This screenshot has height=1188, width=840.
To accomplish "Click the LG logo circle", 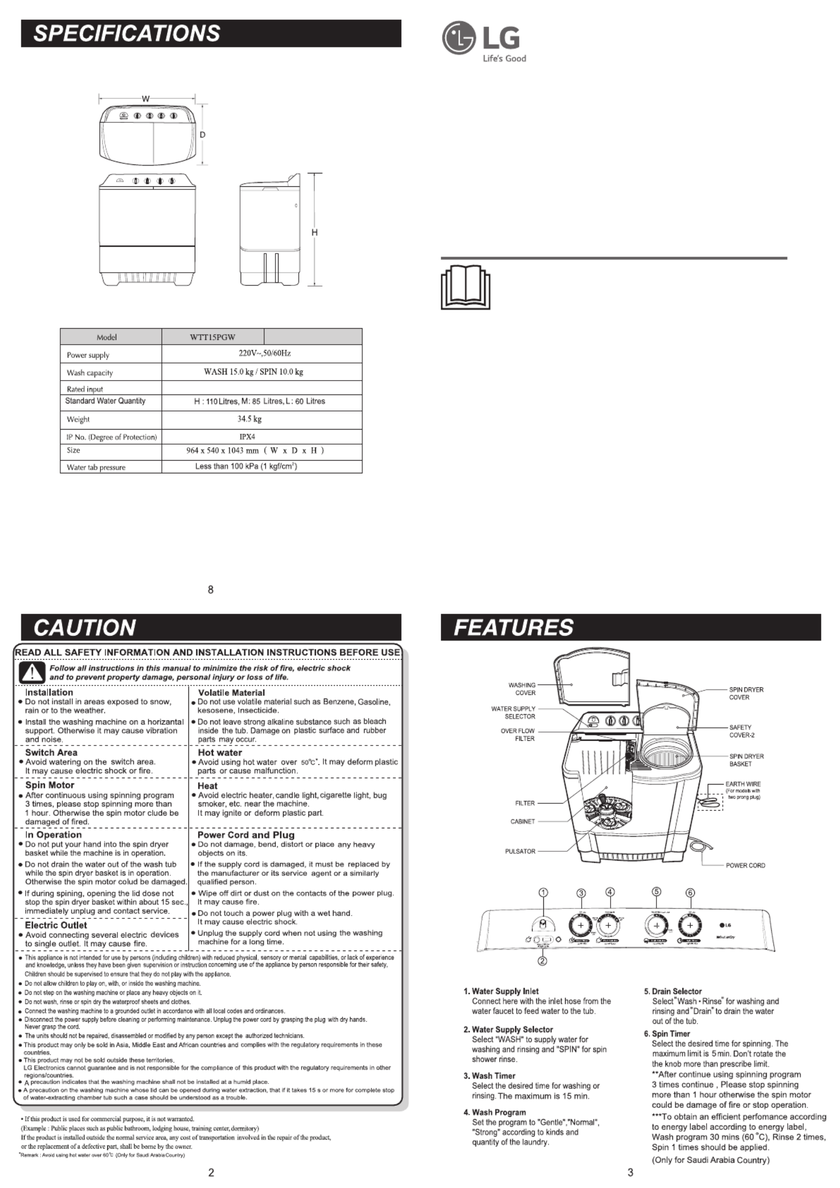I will (x=457, y=38).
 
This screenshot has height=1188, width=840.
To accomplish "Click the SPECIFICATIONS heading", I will (x=127, y=33).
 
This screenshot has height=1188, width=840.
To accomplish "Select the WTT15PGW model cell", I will (x=212, y=337).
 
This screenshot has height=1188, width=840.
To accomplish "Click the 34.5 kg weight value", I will (x=249, y=419).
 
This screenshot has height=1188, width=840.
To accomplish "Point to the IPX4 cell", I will (x=247, y=437).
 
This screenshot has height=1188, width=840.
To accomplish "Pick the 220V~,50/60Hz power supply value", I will (x=264, y=353).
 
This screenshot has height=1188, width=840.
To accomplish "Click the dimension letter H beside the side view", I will (x=314, y=232).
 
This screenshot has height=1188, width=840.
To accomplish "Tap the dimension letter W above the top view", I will (x=145, y=99).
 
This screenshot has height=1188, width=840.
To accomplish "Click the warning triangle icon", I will (x=32, y=672).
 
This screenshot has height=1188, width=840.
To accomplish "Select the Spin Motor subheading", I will (x=50, y=785).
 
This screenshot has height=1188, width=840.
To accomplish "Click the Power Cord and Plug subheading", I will (x=245, y=835).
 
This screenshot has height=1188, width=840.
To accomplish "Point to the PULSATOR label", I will (x=520, y=851).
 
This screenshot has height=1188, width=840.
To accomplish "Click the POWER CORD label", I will (x=745, y=865).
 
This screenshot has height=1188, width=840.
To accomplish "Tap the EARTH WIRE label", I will (x=743, y=784).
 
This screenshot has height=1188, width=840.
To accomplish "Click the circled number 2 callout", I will (x=543, y=961).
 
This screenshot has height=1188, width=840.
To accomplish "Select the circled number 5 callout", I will (x=657, y=892).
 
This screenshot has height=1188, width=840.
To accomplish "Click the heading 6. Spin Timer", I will (x=667, y=1034).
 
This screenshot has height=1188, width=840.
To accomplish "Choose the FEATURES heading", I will (x=513, y=627).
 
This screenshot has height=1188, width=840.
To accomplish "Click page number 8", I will (x=211, y=590).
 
